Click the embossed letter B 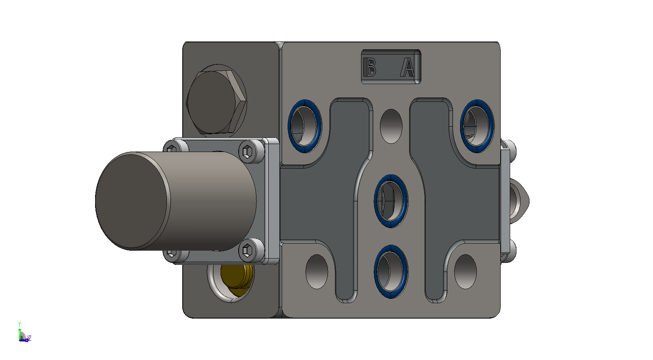tap(370, 67)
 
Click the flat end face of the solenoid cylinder tap(132, 201)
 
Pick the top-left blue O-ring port tap(305, 126)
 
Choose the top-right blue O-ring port tap(477, 126)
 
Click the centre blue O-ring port tap(391, 201)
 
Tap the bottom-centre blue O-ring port tap(391, 271)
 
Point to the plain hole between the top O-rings tap(391, 126)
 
